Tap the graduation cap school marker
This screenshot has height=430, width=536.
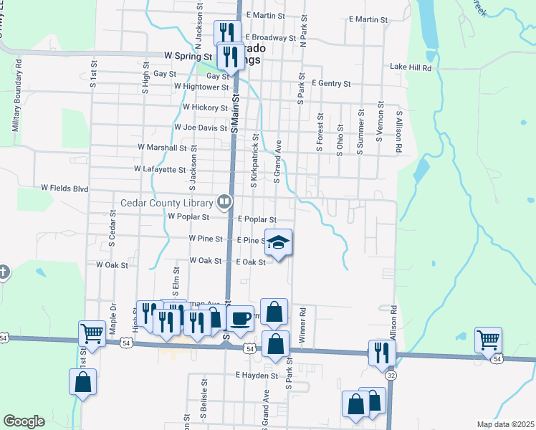(279, 243)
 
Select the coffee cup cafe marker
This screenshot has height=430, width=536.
(241, 317)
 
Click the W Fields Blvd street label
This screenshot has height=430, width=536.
(64, 188)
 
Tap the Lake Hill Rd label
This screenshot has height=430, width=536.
(411, 67)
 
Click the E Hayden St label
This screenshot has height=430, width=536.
(256, 375)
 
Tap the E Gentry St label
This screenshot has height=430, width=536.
(331, 84)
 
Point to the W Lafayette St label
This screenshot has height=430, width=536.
(160, 170)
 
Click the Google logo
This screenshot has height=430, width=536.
(24, 421)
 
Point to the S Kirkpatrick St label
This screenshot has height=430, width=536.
(254, 161)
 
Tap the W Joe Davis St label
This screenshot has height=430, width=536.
(201, 128)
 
